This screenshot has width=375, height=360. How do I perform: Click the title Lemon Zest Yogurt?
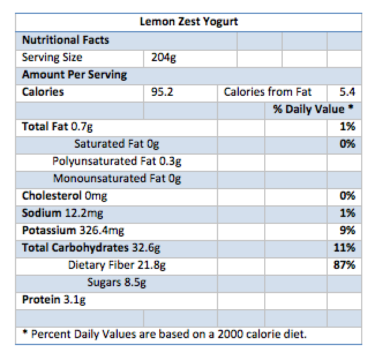tap(189, 22)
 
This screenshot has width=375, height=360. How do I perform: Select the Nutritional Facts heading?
tap(65, 40)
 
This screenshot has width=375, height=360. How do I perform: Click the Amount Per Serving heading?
tap(74, 74)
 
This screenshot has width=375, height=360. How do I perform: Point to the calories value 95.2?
tap(162, 92)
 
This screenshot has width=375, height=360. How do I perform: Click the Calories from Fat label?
tap(268, 92)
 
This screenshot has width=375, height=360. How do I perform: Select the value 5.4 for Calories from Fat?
tap(348, 92)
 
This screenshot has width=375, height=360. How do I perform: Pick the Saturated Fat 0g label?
tap(116, 144)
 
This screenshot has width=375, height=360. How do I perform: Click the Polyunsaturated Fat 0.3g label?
tap(117, 161)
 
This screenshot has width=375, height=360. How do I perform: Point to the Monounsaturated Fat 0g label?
tap(117, 178)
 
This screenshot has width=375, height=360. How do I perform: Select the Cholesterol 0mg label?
tap(65, 196)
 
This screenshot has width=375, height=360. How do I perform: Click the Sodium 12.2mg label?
tap(62, 213)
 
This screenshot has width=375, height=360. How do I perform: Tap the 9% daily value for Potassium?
tap(347, 230)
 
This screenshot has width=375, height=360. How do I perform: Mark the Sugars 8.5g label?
tap(117, 282)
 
